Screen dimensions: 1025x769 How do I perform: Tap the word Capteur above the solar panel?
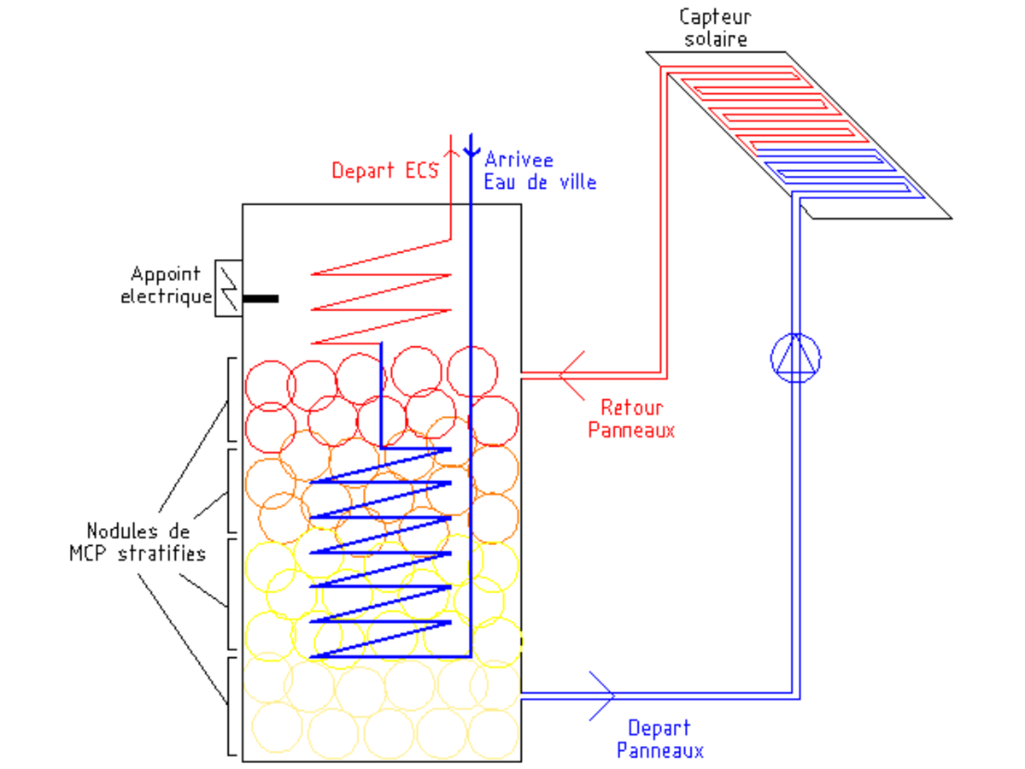tap(715, 18)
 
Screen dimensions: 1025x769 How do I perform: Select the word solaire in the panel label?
tap(716, 38)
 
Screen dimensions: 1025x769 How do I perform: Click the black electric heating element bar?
tap(261, 299)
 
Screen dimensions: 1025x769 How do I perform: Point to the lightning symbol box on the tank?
tap(228, 289)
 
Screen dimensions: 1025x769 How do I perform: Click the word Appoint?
tap(166, 274)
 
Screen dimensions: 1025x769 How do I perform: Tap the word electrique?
tap(167, 296)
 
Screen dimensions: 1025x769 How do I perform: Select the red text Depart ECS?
tap(385, 170)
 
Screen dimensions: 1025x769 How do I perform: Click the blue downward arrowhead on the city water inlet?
tap(471, 151)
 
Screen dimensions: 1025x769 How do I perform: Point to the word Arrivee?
tap(519, 160)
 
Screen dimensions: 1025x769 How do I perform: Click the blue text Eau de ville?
tap(541, 182)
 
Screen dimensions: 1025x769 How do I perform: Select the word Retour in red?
tap(632, 408)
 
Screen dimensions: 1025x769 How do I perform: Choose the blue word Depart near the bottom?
tap(659, 728)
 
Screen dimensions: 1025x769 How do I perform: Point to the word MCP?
tap(88, 554)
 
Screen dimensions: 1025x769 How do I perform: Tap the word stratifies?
tap(161, 554)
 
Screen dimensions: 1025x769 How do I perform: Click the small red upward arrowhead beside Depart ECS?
tap(451, 153)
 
